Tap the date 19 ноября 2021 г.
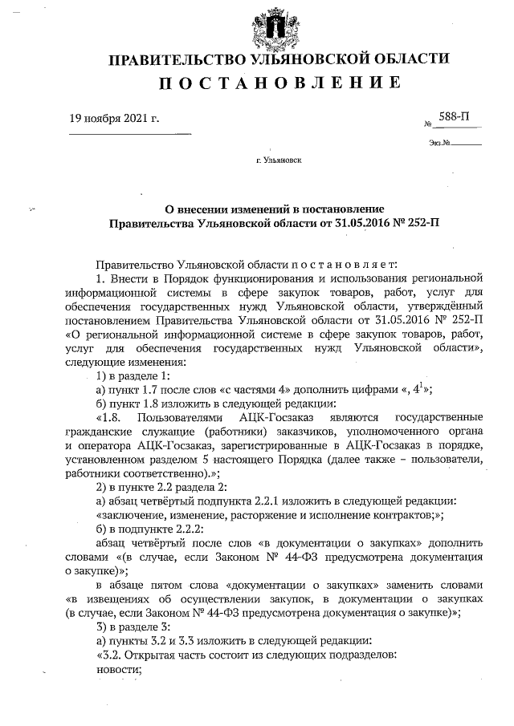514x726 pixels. click(x=115, y=120)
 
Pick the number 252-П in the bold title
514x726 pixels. click(x=423, y=222)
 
